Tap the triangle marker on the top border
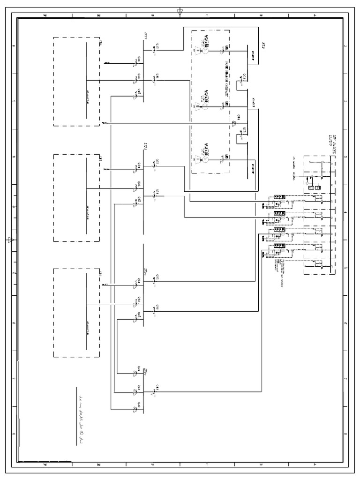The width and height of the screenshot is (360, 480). (180, 11)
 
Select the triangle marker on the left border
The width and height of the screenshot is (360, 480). (10, 240)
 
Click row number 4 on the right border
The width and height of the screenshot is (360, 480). (345, 212)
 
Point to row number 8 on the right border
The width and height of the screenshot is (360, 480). (345, 435)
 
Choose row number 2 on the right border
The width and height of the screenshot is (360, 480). (345, 101)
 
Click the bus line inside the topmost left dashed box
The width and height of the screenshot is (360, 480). (87, 80)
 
